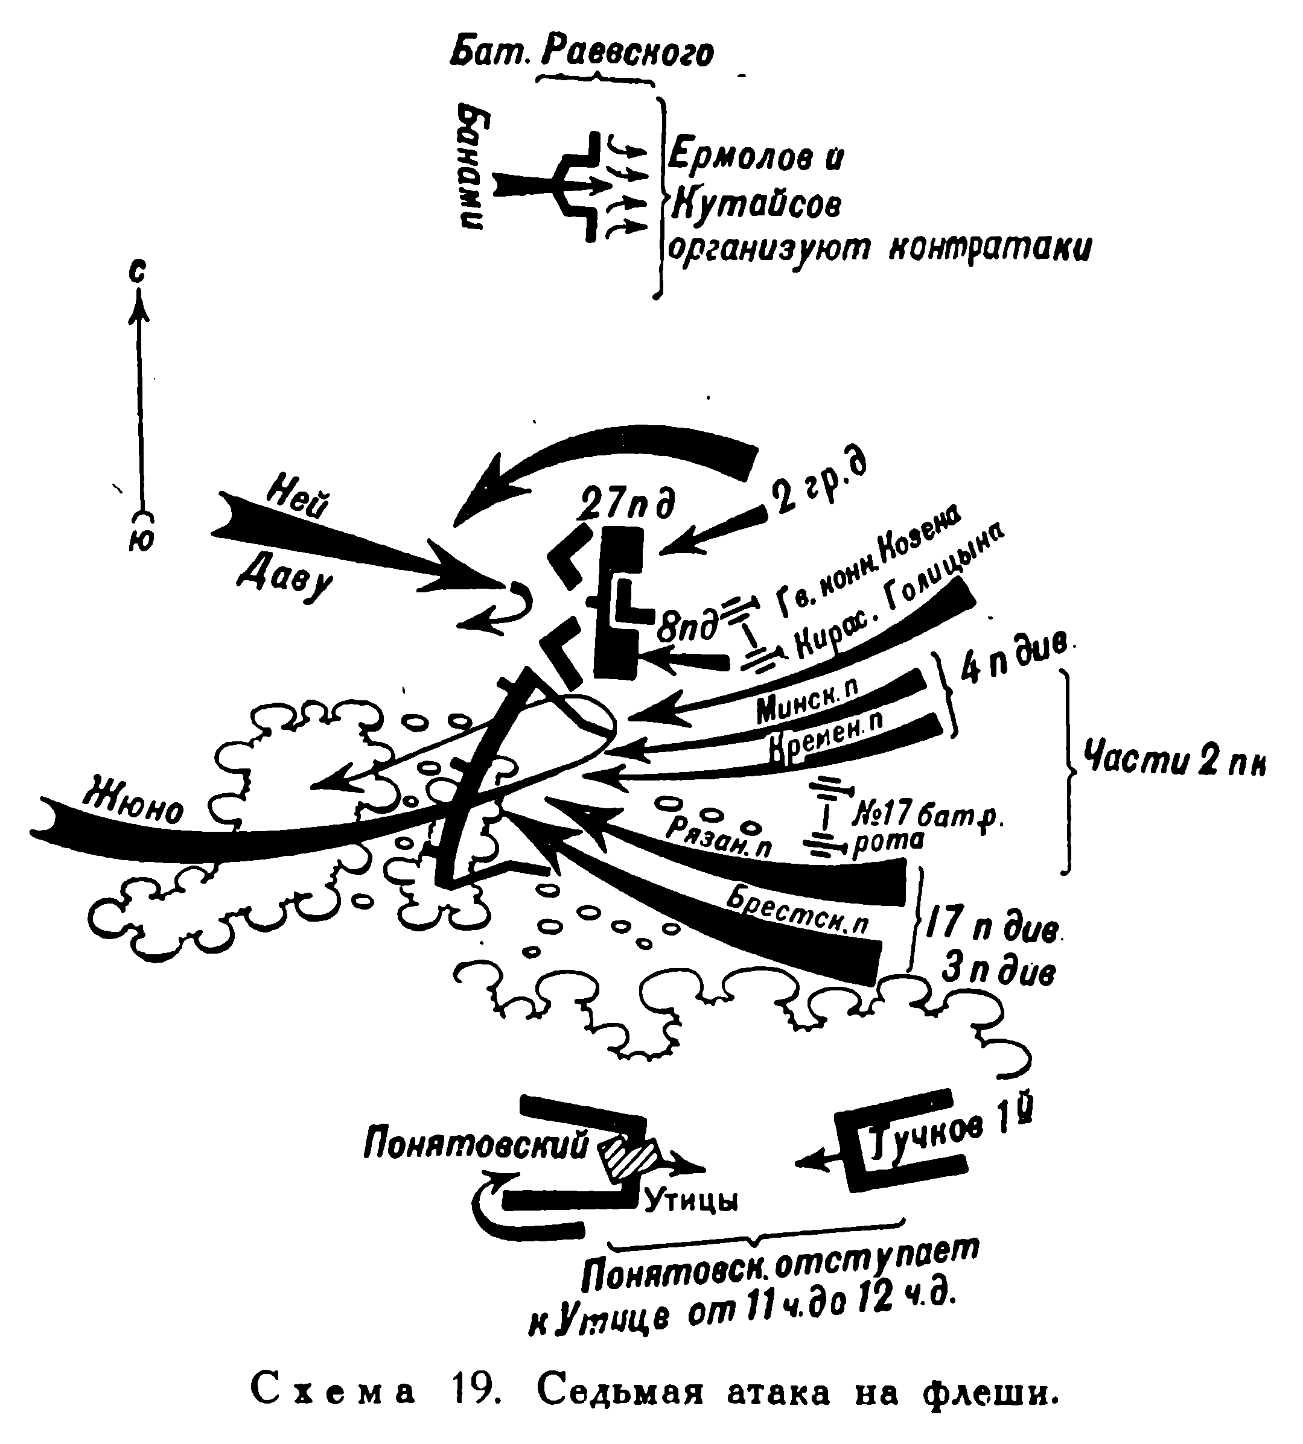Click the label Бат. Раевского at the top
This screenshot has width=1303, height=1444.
tap(581, 52)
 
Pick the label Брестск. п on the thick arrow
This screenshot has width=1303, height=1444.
tap(796, 911)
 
